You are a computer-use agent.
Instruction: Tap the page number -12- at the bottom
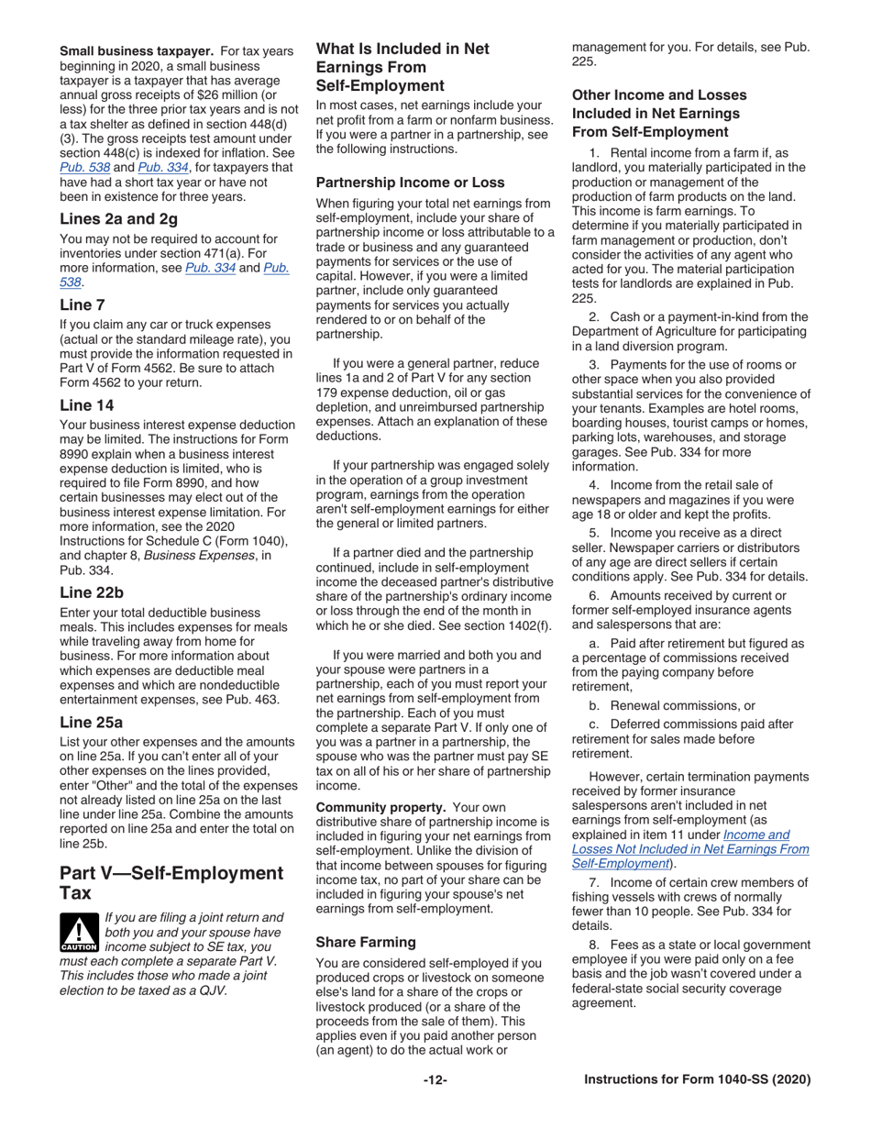[x=435, y=1080]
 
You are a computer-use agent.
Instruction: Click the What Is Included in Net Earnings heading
[x=402, y=67]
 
